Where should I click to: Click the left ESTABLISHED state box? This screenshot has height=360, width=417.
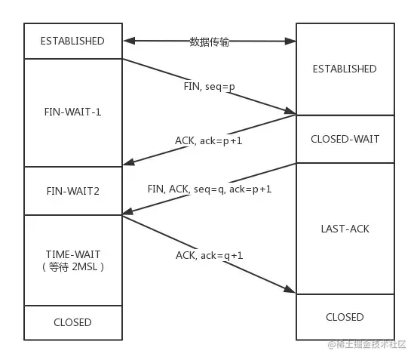pyautogui.click(x=73, y=41)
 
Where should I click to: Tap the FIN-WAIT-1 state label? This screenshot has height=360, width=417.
pyautogui.click(x=73, y=112)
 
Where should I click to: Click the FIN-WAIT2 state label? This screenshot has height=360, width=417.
pyautogui.click(x=73, y=191)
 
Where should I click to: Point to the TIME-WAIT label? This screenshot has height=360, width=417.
pyautogui.click(x=73, y=255)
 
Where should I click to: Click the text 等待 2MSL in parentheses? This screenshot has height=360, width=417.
pyautogui.click(x=73, y=267)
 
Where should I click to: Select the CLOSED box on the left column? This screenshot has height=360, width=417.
pyautogui.click(x=73, y=322)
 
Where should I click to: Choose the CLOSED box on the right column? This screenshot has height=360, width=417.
pyautogui.click(x=345, y=317)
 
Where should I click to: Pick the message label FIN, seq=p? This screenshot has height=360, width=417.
pyautogui.click(x=209, y=86)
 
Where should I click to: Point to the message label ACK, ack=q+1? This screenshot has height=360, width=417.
pyautogui.click(x=210, y=255)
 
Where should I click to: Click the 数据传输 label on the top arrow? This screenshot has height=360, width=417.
pyautogui.click(x=209, y=42)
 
